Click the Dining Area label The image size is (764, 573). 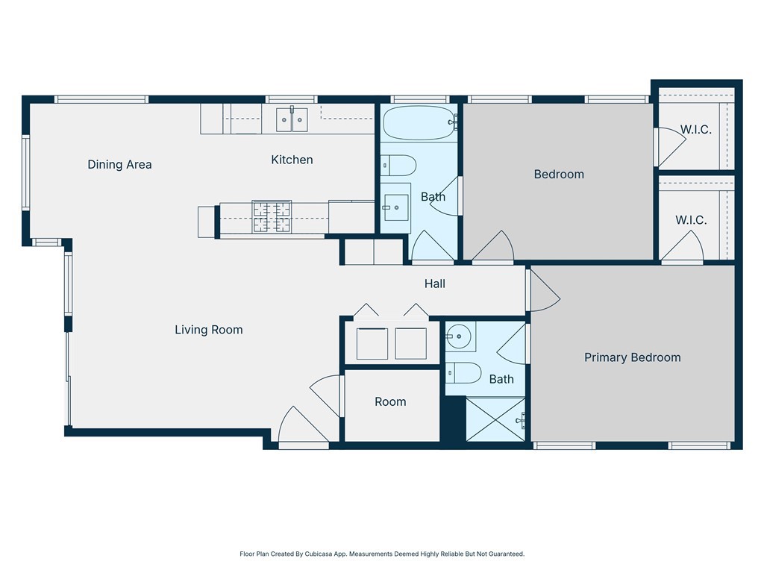[x=119, y=165]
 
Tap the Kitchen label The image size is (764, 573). [x=292, y=160]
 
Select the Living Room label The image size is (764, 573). [x=208, y=330]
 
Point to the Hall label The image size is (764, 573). [x=435, y=284]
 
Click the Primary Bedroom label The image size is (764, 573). [x=632, y=357]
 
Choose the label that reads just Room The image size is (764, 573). [x=390, y=402]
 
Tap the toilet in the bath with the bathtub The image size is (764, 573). [x=396, y=165]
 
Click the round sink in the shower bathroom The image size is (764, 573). [x=460, y=337]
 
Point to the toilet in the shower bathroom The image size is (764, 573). [x=462, y=372]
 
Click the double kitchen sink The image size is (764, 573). [x=292, y=119]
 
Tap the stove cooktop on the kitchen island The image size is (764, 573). [x=272, y=217]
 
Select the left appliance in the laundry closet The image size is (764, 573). [x=372, y=343]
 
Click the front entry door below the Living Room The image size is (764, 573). [x=301, y=428]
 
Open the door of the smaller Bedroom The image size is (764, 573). [x=493, y=250]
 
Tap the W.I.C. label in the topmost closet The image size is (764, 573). [x=695, y=130]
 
